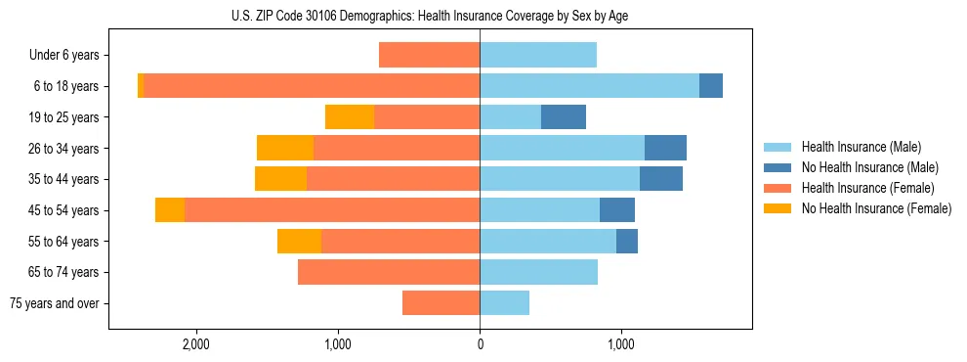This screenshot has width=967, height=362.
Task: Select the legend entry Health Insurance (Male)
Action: click(860, 147)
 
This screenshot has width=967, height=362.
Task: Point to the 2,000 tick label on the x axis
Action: click(196, 344)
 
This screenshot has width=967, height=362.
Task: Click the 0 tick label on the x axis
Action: click(480, 344)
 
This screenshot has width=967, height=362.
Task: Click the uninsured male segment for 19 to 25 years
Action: click(564, 116)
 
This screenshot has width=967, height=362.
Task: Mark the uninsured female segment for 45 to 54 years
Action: click(170, 209)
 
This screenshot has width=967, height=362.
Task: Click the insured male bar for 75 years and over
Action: click(504, 302)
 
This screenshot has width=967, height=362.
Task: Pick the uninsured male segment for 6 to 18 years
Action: click(711, 86)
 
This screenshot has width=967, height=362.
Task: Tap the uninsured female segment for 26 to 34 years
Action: click(285, 148)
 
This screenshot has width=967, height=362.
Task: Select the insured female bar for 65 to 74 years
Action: click(389, 272)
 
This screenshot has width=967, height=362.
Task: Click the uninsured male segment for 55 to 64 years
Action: click(627, 241)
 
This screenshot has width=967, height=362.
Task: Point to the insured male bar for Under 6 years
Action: click(538, 55)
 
